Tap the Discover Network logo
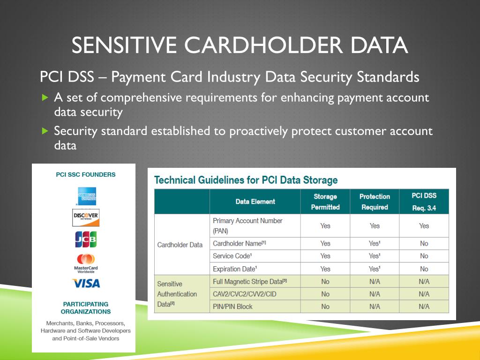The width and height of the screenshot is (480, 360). click(x=86, y=217)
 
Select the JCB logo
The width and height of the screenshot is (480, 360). click(x=86, y=239)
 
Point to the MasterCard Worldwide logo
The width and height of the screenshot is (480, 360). click(x=86, y=262)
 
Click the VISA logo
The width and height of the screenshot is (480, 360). click(x=86, y=284)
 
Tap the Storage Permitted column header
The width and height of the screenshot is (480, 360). click(x=325, y=202)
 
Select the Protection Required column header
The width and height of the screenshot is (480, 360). click(x=374, y=202)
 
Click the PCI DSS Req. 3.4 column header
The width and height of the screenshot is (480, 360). click(x=424, y=202)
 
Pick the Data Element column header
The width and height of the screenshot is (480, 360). click(x=255, y=202)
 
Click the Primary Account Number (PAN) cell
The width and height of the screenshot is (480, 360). click(x=247, y=225)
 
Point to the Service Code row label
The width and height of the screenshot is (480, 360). click(x=233, y=256)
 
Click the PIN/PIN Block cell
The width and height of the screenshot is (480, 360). click(x=232, y=307)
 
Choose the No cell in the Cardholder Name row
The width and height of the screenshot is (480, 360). click(x=424, y=243)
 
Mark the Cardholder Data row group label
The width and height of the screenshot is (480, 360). click(x=180, y=245)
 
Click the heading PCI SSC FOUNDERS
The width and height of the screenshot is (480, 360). click(x=86, y=174)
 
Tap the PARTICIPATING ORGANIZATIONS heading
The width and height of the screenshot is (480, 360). click(x=86, y=307)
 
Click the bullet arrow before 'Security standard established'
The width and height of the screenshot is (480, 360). click(x=45, y=131)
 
